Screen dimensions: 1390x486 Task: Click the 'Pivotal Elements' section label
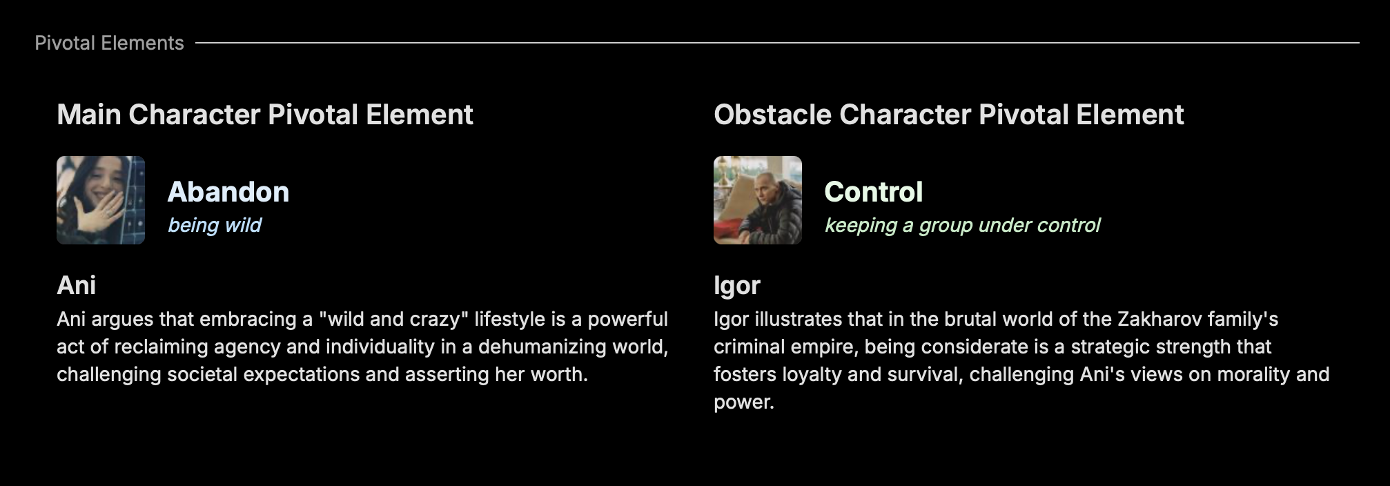tap(109, 43)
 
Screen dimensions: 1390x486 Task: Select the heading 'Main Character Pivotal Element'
tap(265, 115)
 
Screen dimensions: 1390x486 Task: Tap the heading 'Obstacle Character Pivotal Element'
tap(949, 115)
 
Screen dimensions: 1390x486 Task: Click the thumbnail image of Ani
tap(101, 200)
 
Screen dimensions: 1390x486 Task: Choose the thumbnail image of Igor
tap(758, 200)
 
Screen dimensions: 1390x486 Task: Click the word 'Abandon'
tap(228, 192)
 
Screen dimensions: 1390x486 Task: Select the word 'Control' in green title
tap(874, 192)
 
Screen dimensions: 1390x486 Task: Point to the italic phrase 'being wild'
tap(215, 225)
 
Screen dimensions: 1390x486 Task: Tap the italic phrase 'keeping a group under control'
tap(963, 225)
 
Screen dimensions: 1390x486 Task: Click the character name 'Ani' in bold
tap(77, 285)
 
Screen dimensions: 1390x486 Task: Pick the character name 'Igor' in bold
tap(737, 286)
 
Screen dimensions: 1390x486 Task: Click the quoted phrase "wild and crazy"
tap(394, 319)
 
